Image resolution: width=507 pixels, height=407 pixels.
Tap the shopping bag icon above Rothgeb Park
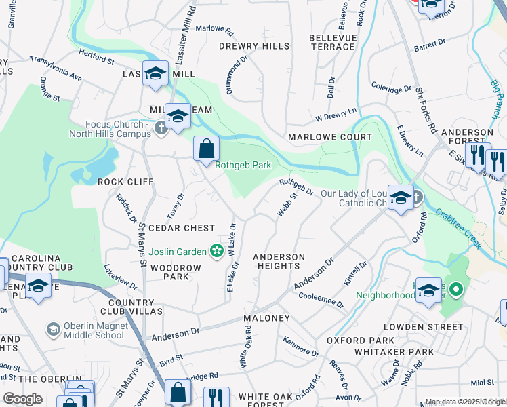click(206, 149)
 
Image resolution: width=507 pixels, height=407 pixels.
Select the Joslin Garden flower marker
click(216, 252)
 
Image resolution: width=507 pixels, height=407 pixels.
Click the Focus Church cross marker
click(161, 128)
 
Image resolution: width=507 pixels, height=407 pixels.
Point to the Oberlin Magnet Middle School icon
click(52, 330)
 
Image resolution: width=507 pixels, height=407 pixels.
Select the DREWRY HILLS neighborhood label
click(254, 46)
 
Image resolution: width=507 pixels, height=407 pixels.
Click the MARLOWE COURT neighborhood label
click(330, 137)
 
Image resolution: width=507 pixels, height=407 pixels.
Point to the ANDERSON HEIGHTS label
click(279, 262)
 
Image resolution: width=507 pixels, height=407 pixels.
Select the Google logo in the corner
click(22, 399)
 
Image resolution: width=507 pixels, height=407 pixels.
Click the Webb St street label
click(287, 206)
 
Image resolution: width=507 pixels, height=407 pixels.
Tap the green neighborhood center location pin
click(455, 291)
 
